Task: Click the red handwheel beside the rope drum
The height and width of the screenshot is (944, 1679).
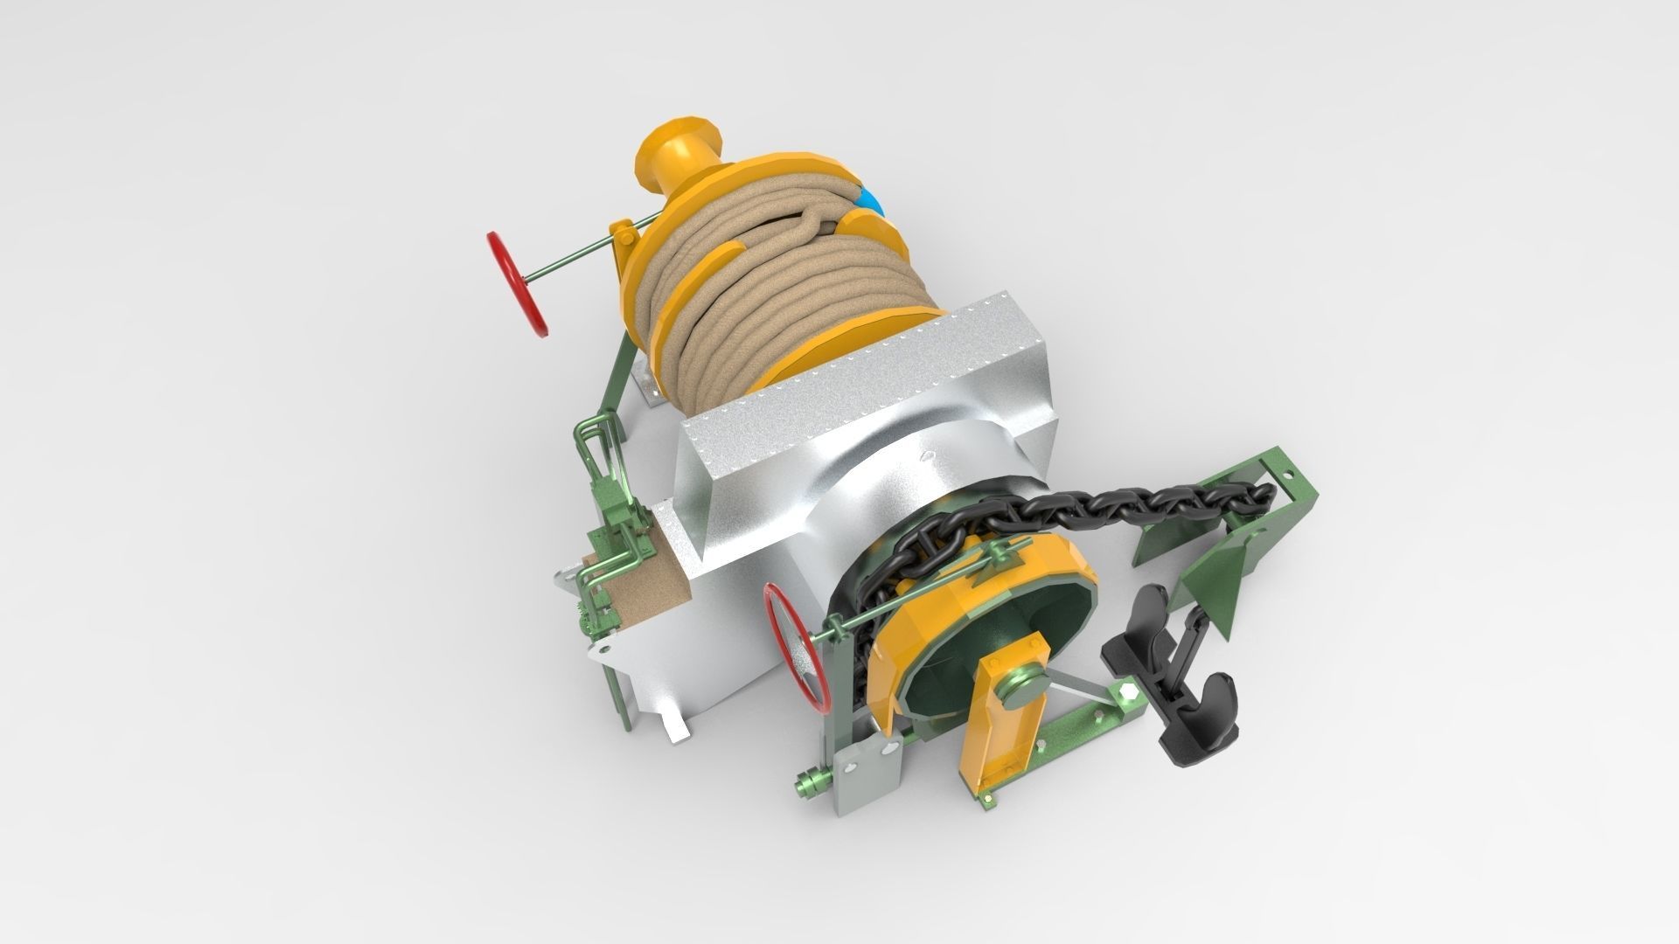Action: tap(521, 285)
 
